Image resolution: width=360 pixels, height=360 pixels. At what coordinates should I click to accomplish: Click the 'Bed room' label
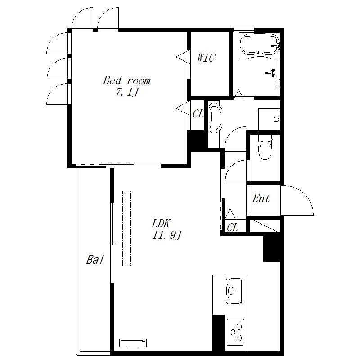pos(127,81)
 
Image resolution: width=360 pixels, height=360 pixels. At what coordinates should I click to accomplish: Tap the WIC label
pos(206,58)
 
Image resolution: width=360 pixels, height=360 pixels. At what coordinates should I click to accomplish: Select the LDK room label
pos(161,223)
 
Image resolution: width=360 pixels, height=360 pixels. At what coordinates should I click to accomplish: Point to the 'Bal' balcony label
pos(95,260)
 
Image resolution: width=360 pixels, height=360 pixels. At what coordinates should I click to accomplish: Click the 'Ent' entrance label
pos(261,198)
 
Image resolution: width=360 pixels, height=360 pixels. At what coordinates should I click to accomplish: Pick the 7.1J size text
pos(127,92)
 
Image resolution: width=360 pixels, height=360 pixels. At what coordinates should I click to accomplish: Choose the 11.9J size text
pos(167,235)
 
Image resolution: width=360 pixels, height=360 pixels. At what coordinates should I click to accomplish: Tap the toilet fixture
pos(265,147)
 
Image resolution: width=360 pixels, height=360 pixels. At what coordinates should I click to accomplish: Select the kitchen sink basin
pos(234,290)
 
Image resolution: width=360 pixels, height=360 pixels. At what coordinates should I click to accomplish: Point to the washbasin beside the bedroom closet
pos(215,117)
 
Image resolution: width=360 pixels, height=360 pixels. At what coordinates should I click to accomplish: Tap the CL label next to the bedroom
pos(198,114)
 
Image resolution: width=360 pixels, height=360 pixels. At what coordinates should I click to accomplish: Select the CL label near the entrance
pos(232,228)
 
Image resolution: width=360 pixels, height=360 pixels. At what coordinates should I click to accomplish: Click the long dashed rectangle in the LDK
pos(126,229)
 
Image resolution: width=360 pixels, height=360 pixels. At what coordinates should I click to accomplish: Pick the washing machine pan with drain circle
pos(269,119)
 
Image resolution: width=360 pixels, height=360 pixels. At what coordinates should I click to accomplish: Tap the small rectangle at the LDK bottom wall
pos(133,343)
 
